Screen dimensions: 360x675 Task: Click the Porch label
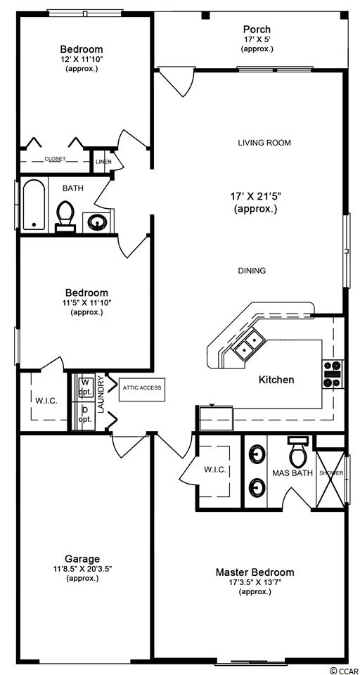(257, 30)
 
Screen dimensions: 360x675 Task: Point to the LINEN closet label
(103, 162)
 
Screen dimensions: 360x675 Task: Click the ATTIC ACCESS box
(142, 388)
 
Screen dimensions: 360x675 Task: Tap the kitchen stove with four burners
(333, 374)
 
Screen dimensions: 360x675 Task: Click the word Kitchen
(276, 380)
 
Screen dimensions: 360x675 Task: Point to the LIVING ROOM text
(264, 143)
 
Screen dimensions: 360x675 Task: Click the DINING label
(252, 271)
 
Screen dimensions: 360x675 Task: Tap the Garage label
(82, 559)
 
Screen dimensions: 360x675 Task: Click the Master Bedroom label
(255, 572)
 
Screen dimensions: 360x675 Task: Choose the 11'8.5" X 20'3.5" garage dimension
(82, 569)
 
